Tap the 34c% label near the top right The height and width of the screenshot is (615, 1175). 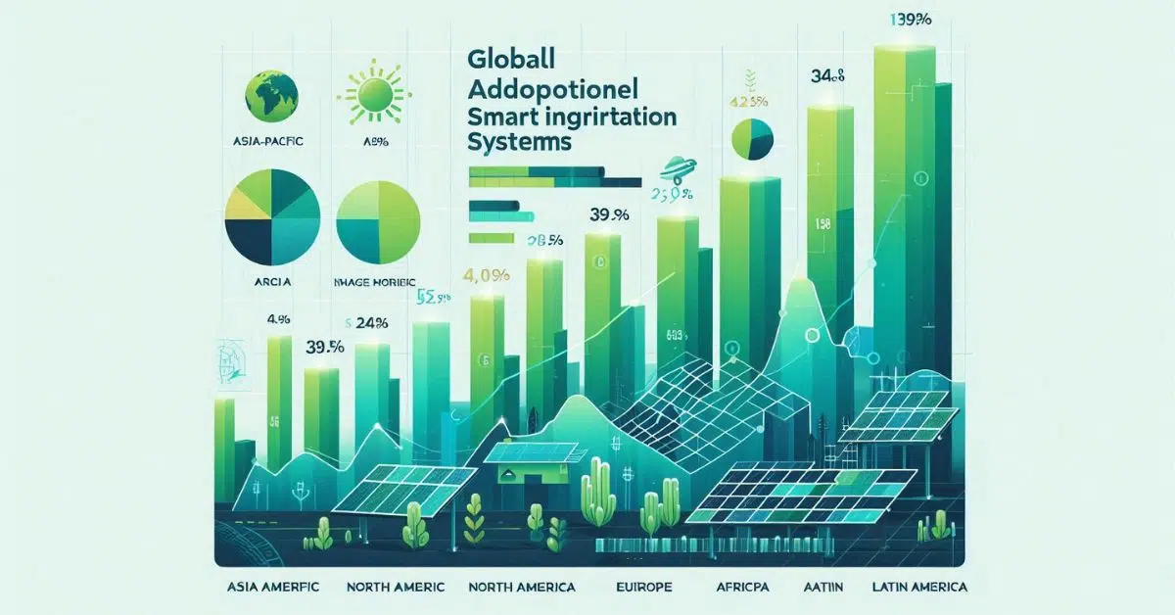(828, 74)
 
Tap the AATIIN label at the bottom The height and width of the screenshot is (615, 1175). (828, 588)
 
